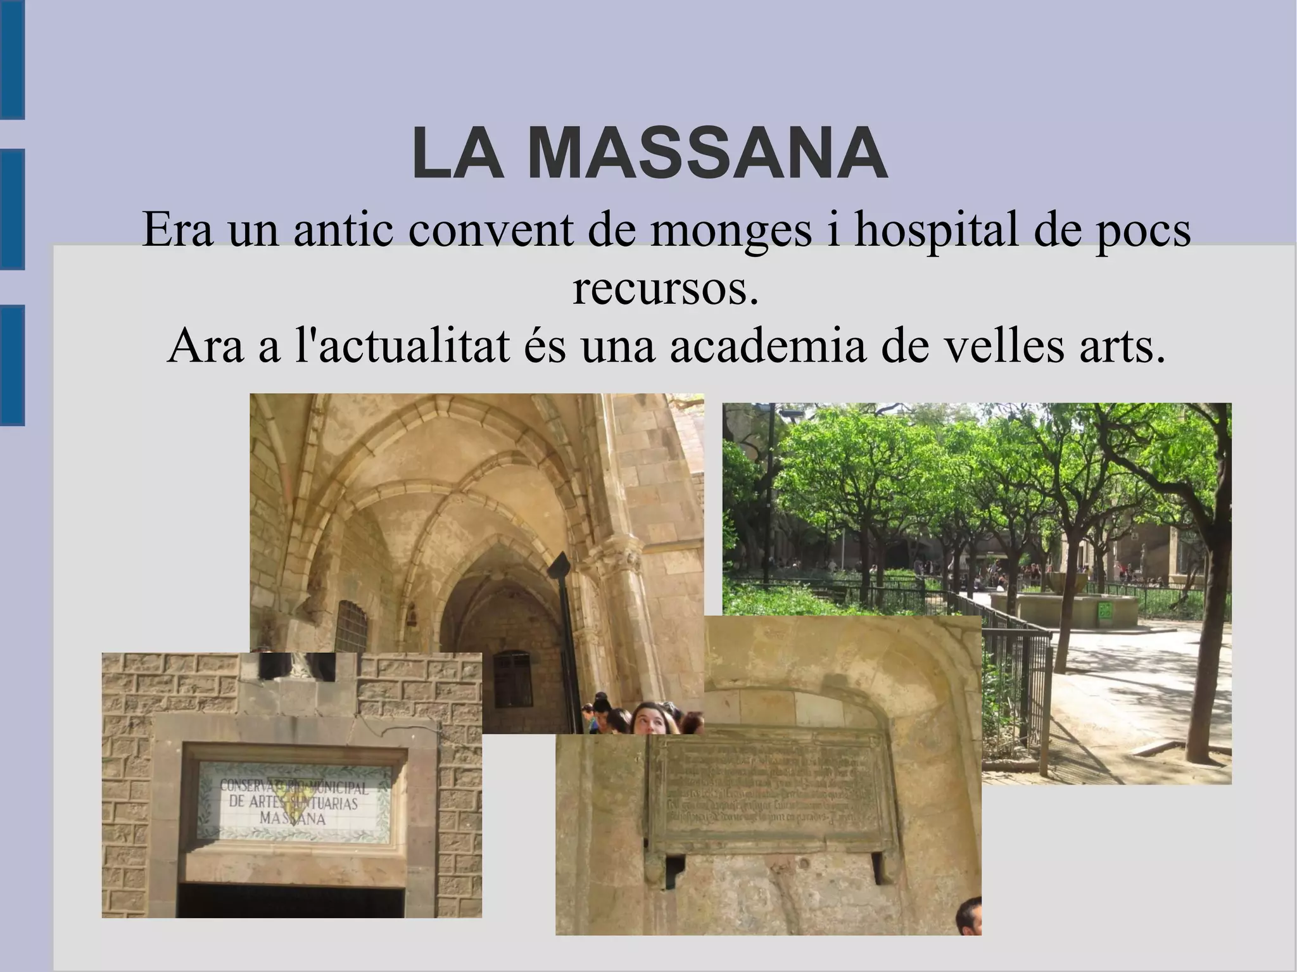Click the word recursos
coord(665,288)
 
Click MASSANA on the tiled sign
coord(293,819)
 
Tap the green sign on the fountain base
coord(1105,612)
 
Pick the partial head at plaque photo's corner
coord(969,917)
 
